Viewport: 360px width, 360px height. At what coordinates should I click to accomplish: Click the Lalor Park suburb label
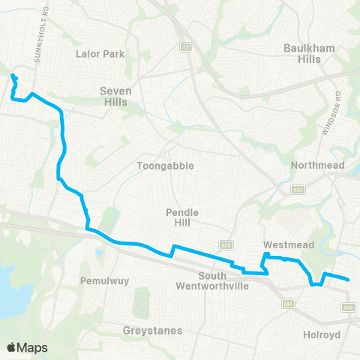[100, 54]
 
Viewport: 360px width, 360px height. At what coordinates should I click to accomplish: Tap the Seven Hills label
[115, 97]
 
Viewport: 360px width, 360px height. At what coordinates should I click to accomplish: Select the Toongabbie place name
[155, 166]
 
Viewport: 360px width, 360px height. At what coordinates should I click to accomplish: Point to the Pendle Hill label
[181, 217]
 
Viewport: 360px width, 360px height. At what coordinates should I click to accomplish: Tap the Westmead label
[283, 244]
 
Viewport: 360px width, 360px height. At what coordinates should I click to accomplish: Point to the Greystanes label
[151, 330]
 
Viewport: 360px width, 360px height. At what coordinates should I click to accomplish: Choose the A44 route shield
[347, 307]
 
